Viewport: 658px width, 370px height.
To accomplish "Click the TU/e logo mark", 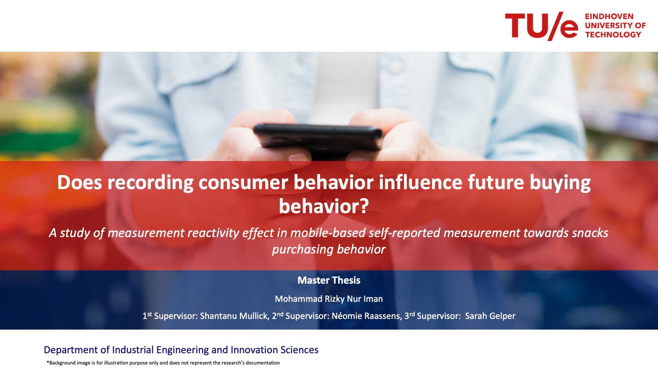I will point(541,26).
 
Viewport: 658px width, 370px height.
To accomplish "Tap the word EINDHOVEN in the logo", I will point(609,16).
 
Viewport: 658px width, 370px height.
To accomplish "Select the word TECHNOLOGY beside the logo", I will point(613,35).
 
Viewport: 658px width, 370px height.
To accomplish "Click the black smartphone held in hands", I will point(318,137).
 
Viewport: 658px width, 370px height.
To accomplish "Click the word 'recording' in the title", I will point(150,182).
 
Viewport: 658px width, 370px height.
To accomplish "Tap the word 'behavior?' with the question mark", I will point(324,206).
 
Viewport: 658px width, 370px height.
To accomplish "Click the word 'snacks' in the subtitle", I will point(589,233).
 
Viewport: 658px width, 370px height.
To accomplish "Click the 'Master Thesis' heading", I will point(329,280).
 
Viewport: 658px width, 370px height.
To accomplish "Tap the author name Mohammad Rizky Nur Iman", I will point(329,299).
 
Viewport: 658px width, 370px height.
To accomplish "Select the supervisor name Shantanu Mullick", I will point(234,316).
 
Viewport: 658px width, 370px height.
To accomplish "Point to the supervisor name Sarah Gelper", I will point(490,316).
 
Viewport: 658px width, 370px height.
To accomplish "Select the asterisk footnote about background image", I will point(163,363).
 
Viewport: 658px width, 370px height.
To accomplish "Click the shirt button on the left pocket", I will point(169,74).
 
